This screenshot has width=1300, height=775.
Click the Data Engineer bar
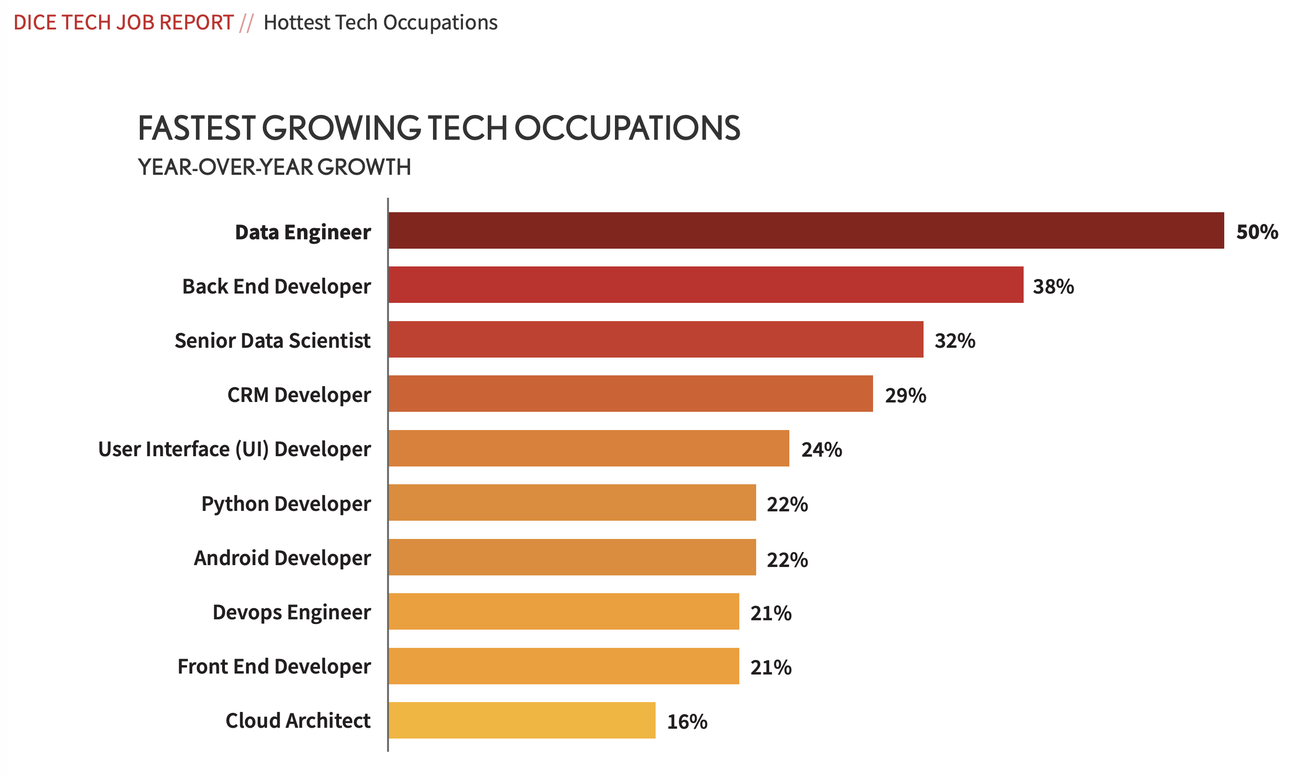point(806,230)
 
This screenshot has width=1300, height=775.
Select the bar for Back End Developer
point(706,285)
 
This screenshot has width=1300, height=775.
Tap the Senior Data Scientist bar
point(656,339)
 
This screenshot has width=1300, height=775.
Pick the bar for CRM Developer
point(630,394)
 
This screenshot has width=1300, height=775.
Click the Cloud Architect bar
point(522,720)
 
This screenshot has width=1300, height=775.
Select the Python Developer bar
point(572,502)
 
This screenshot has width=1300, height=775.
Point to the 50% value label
point(1257,232)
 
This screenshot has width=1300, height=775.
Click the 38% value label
point(1053,287)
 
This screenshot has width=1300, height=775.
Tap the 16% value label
point(687,722)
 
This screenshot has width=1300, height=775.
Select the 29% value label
point(905,395)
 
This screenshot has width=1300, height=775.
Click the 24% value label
point(822,450)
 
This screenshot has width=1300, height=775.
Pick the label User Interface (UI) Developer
point(234,449)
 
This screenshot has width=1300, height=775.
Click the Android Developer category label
point(282,558)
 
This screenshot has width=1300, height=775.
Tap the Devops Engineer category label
point(291,612)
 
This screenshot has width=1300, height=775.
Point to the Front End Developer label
point(274,667)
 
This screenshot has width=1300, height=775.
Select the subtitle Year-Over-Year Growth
point(274,167)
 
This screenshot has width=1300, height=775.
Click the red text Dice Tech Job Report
point(123,22)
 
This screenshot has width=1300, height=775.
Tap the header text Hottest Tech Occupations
point(380,22)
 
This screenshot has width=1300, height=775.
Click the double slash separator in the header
point(246,23)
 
